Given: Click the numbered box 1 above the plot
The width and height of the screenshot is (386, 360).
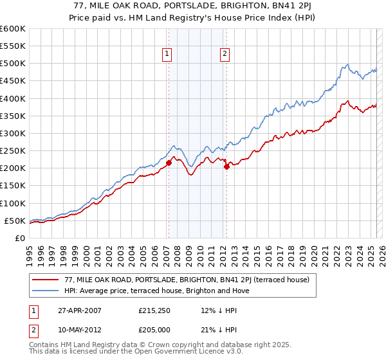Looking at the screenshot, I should [x=167, y=55].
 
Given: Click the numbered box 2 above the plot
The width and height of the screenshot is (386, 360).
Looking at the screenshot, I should [x=225, y=55].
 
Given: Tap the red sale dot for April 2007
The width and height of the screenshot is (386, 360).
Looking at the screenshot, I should [x=169, y=163].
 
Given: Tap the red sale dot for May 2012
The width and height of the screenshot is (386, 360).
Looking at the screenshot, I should [x=226, y=167].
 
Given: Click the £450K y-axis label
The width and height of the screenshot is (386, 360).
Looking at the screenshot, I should [x=13, y=81].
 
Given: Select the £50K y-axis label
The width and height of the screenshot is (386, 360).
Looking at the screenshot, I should [x=15, y=221].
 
